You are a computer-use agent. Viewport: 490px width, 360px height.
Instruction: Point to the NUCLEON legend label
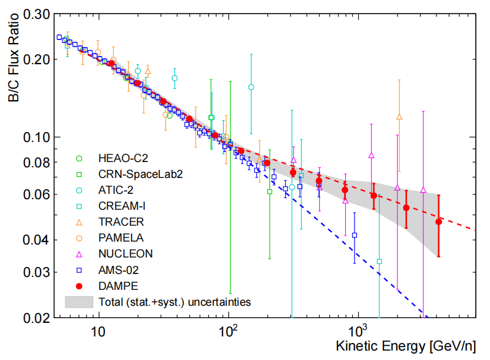[x=125, y=254]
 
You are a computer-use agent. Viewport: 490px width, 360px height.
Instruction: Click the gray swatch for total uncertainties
[x=80, y=302]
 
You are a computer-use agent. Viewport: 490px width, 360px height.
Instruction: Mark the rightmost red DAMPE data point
[x=438, y=222]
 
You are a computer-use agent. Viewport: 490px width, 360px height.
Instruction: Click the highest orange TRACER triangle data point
[x=400, y=117]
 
